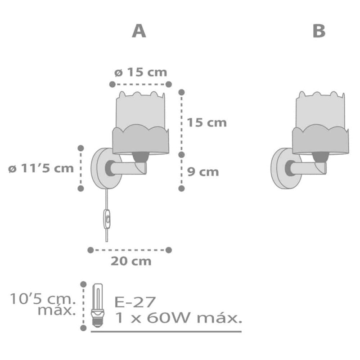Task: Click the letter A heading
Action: (139, 31)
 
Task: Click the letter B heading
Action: (319, 31)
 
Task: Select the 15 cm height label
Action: (207, 122)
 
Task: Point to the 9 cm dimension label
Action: (203, 171)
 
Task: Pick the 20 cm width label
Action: (131, 261)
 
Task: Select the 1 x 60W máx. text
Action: (178, 318)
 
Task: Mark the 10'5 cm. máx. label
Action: (43, 304)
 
